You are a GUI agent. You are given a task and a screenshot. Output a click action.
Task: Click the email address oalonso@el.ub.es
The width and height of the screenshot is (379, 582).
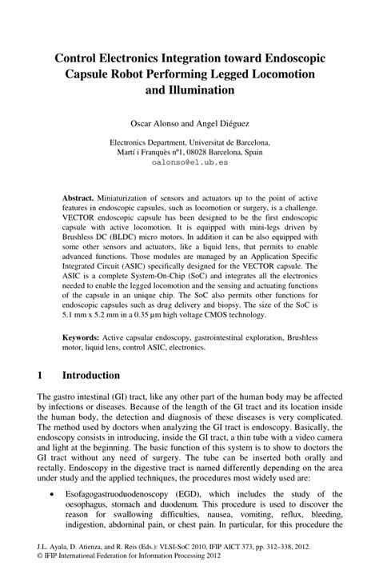pyautogui.click(x=189, y=161)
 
